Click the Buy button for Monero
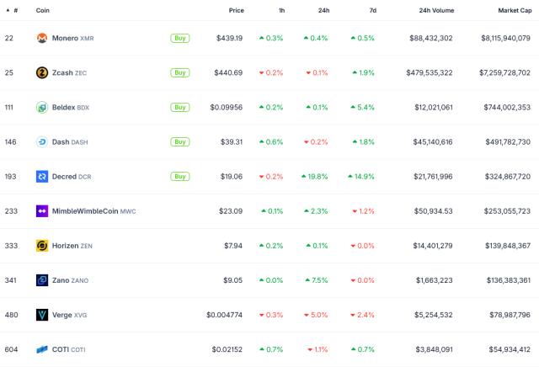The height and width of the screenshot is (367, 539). click(179, 38)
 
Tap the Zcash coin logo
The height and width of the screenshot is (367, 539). click(42, 72)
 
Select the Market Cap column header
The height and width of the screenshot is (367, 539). click(514, 10)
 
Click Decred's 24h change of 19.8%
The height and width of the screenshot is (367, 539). click(314, 177)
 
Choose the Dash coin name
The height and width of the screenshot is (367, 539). click(61, 142)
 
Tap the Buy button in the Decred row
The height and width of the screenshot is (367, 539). click(179, 177)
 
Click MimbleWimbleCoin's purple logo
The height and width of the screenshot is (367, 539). click(42, 211)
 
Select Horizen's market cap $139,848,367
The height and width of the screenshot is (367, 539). click(503, 246)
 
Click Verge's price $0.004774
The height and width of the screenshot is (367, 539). click(225, 315)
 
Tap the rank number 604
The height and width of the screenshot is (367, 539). click(11, 349)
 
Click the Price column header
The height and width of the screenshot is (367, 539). click(236, 10)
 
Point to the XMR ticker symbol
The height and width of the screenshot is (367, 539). click(87, 39)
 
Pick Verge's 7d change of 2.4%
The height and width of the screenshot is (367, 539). click(363, 315)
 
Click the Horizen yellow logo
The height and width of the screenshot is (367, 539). click(42, 246)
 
